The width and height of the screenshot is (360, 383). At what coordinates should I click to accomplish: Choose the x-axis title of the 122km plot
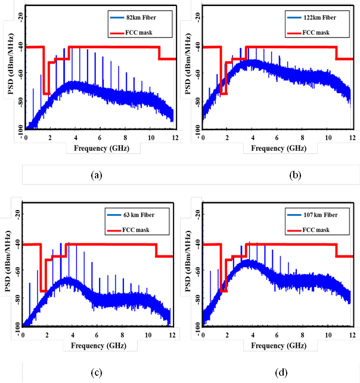pyautogui.click(x=277, y=147)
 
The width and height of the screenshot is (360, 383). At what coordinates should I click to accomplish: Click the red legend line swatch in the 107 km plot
pyautogui.click(x=291, y=230)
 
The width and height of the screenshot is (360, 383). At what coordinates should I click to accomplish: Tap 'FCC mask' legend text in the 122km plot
pyautogui.click(x=317, y=32)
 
